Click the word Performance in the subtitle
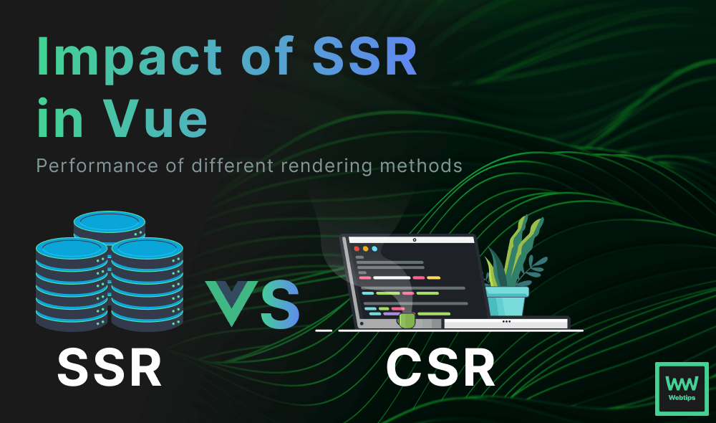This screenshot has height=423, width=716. pos(97,166)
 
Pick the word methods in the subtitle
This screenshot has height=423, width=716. pos(421,166)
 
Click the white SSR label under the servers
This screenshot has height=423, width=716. pos(110,368)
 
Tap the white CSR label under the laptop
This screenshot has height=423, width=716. pos(440,368)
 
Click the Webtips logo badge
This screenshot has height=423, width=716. pos(682,389)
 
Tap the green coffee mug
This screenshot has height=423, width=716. pos(406,320)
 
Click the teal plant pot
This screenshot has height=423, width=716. pos(506,300)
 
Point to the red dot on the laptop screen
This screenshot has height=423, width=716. pos(357,249)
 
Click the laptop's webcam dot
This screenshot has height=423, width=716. pos(415,239)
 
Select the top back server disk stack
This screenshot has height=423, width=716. pos(110,226)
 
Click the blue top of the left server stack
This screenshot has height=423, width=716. pos(72,248)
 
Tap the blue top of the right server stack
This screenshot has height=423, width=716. pos(147,248)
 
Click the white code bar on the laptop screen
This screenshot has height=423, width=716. pos(392,277)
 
